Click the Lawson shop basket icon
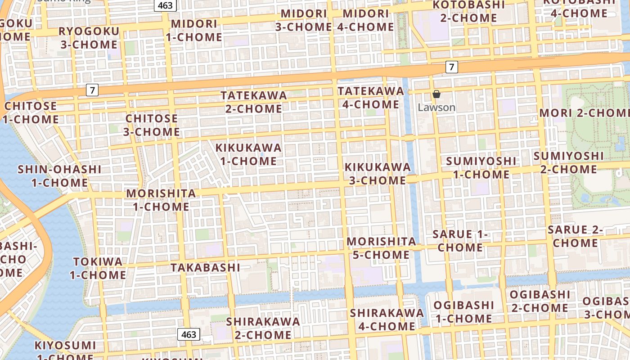pos(436,94)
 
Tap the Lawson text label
pos(436,108)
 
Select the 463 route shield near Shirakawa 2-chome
pos(189,334)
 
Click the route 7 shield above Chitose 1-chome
pos(92,90)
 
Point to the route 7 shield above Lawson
pos(452,67)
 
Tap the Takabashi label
pos(205,267)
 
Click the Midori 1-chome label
pos(194,30)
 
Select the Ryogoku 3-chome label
pos(89,38)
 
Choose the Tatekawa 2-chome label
pos(254,102)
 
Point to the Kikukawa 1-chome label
pos(248,154)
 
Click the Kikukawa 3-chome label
pos(378,174)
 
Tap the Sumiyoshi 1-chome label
pos(481,167)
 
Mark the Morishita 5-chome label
pos(381,248)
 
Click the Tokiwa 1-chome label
pos(98,268)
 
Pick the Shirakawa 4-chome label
pos(387,319)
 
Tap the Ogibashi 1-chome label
pos(463,312)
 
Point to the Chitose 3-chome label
pos(152,125)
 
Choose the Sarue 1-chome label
pos(460,241)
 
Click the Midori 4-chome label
pos(365,20)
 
